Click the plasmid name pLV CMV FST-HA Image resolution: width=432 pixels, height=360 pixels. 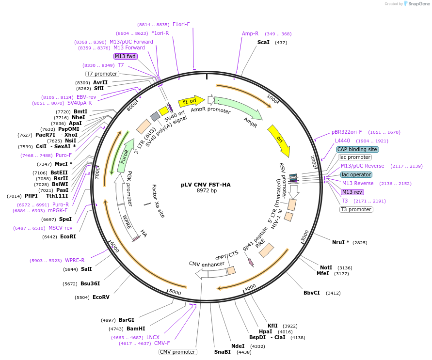click(206, 185)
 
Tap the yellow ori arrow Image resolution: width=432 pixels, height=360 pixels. click(280, 141)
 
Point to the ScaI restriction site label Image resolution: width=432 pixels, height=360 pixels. click(263, 43)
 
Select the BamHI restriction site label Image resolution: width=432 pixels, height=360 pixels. click(136, 329)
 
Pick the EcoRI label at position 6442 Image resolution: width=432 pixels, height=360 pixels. click(68, 237)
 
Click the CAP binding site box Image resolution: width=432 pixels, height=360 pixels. click(357, 150)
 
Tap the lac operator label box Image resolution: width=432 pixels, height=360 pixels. click(356, 174)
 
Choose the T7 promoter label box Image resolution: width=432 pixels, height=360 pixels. click(102, 74)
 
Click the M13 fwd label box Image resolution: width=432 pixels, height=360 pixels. click(126, 56)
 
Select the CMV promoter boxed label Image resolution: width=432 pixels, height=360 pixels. click(178, 352)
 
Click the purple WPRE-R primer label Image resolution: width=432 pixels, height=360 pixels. click(75, 260)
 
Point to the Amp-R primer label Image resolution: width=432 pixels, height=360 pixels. click(250, 34)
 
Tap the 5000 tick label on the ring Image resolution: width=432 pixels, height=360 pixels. click(175, 293)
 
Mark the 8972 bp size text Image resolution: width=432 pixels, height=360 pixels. click(207, 191)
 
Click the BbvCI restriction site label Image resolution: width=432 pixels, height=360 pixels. click(312, 293)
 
